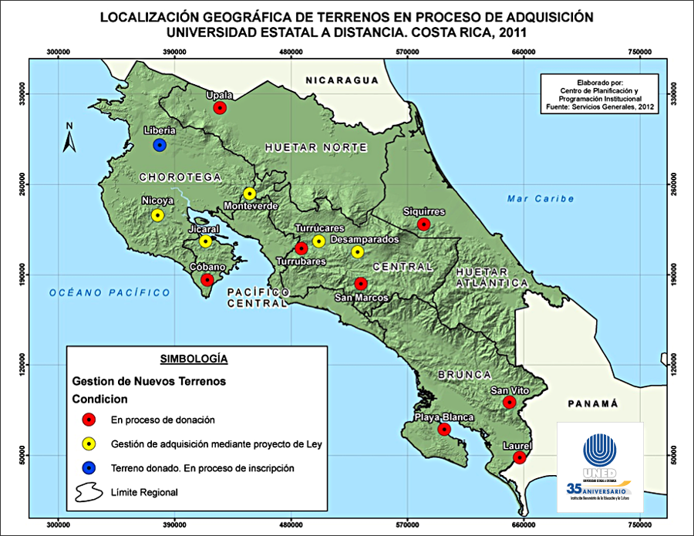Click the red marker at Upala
pyautogui.click(x=220, y=108)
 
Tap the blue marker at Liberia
pyautogui.click(x=160, y=144)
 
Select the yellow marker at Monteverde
pyautogui.click(x=249, y=194)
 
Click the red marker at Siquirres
pyautogui.click(x=423, y=224)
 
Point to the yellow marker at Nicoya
pyautogui.click(x=157, y=215)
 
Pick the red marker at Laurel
pyautogui.click(x=520, y=457)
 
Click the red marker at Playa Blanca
pyautogui.click(x=443, y=430)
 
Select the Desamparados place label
pyautogui.click(x=365, y=240)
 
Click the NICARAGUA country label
pyautogui.click(x=342, y=80)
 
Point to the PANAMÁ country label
pyautogui.click(x=593, y=403)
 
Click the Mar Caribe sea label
pyautogui.click(x=541, y=199)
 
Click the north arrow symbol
pyautogui.click(x=69, y=139)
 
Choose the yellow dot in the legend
pyautogui.click(x=90, y=443)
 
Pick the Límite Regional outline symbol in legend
pyautogui.click(x=90, y=491)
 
